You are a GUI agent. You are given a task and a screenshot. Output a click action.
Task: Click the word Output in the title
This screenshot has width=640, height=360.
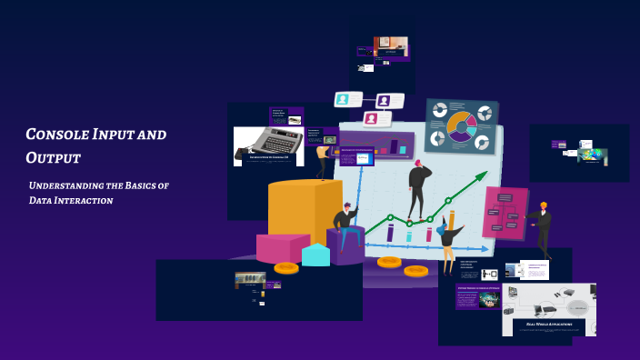click(54, 158)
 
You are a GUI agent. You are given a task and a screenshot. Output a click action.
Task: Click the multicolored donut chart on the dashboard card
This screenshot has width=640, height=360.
click(462, 127)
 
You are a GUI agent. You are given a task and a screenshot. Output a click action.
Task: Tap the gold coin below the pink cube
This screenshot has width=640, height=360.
click(285, 267)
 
